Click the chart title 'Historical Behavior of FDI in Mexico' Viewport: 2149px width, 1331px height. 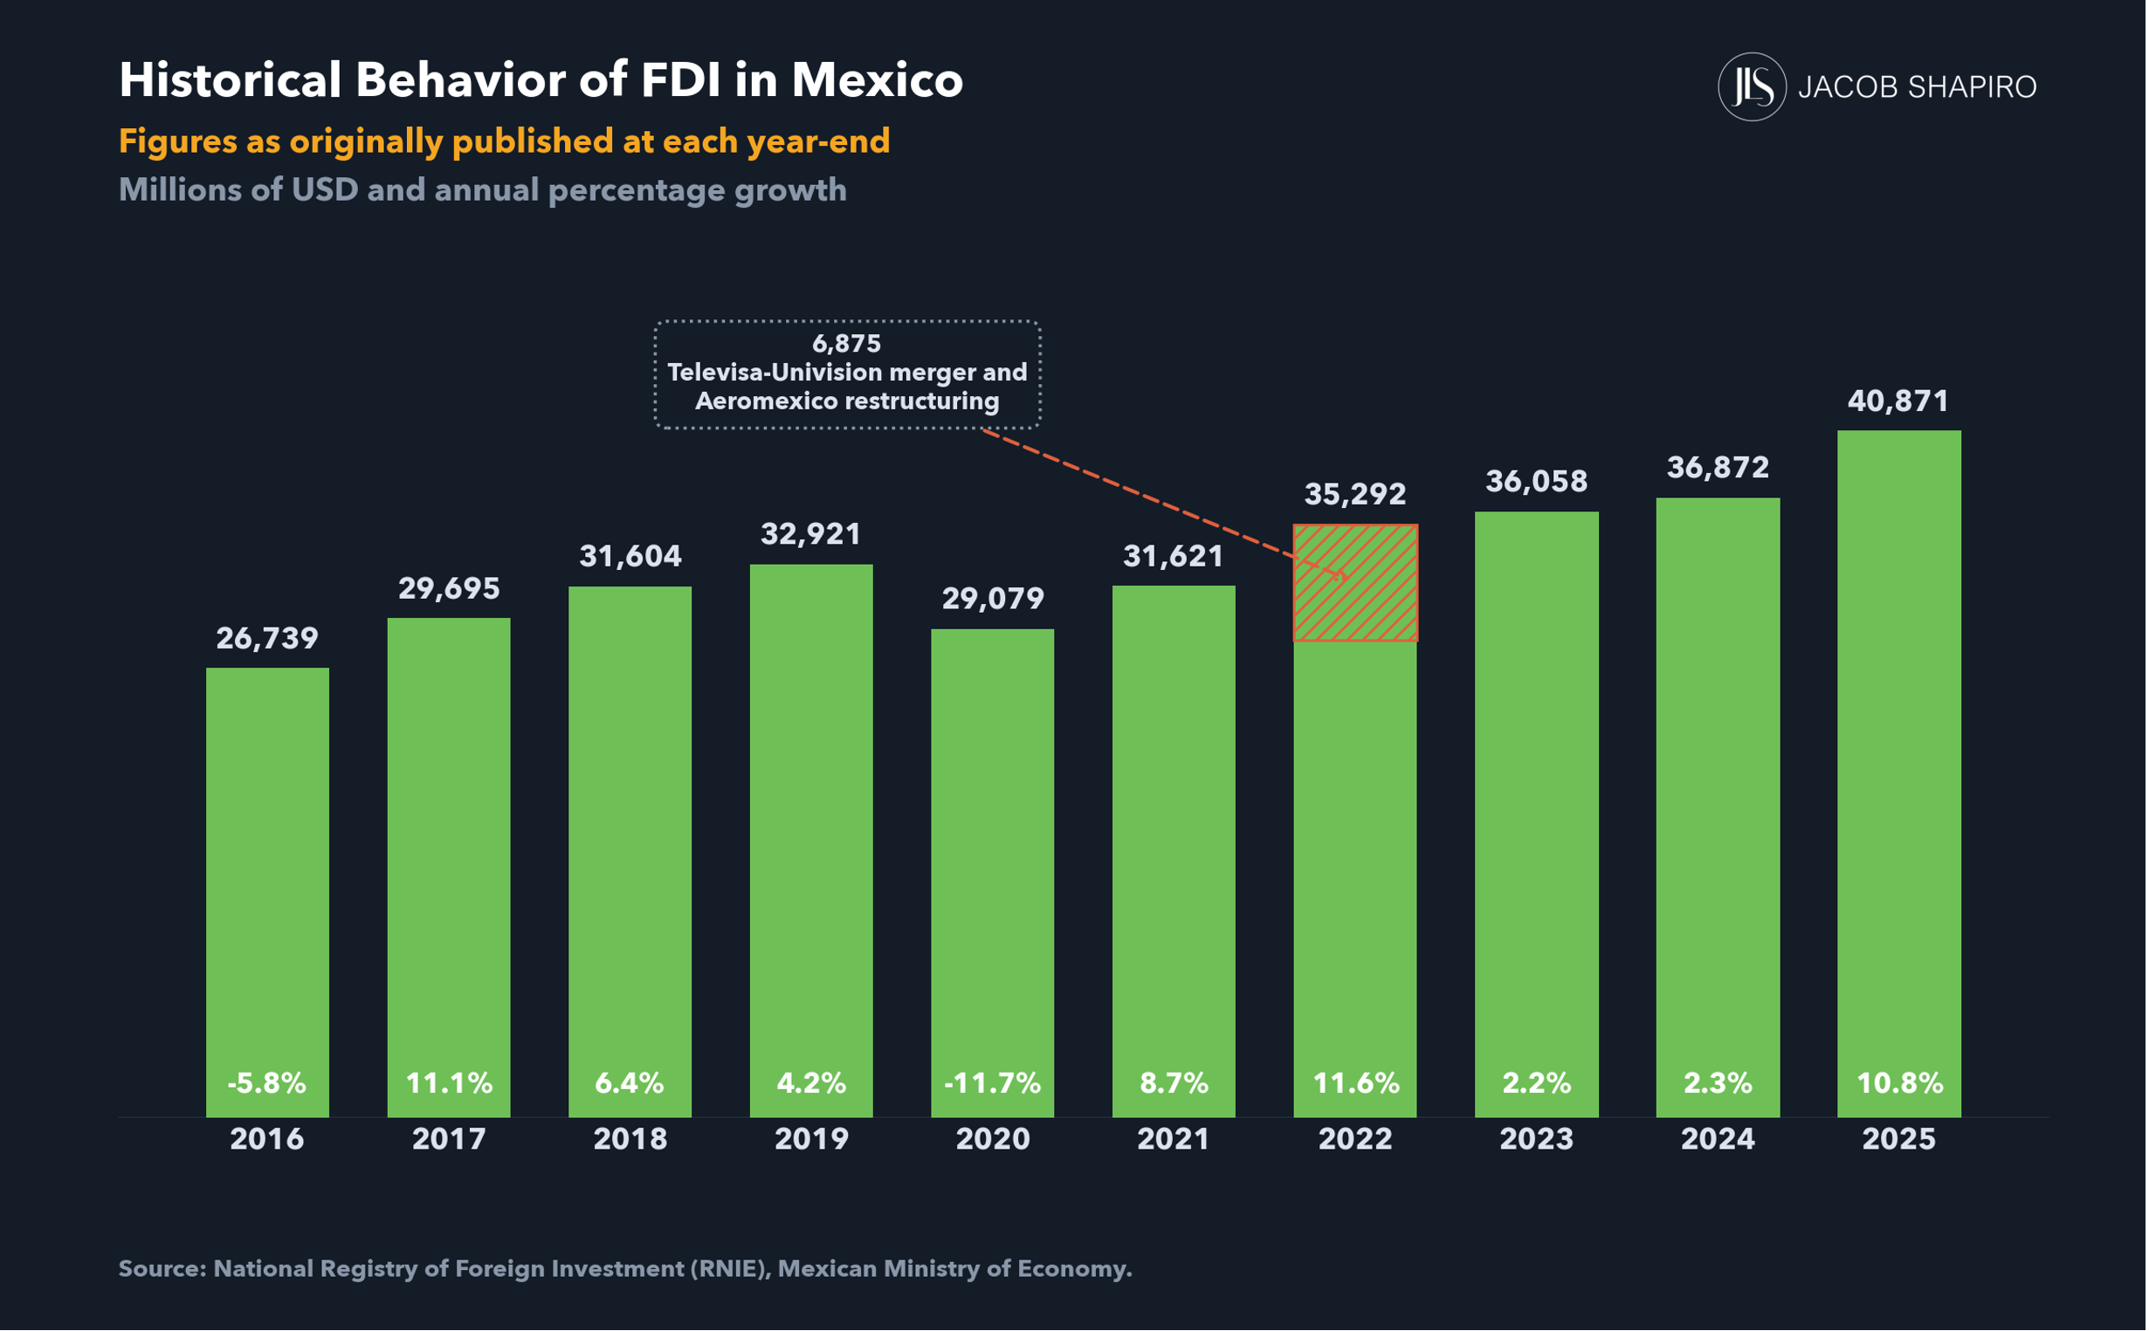[x=541, y=80]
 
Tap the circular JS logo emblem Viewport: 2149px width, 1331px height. [x=1752, y=86]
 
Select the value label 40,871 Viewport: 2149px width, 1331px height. [x=1898, y=401]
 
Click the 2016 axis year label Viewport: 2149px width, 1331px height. [x=267, y=1139]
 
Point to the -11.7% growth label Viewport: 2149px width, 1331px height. [x=992, y=1083]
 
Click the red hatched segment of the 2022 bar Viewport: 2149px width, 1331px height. [x=1355, y=583]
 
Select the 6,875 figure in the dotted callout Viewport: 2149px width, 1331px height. [x=846, y=343]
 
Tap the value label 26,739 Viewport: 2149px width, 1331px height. [x=267, y=638]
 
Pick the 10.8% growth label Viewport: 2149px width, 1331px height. [x=1900, y=1083]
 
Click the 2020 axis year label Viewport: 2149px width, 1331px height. [x=993, y=1139]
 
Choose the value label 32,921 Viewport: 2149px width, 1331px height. [x=811, y=534]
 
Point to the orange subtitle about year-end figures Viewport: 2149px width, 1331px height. [x=505, y=141]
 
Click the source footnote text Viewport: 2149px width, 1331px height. [x=625, y=1268]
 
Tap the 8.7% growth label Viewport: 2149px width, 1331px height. [x=1174, y=1083]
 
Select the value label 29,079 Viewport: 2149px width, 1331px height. [x=993, y=600]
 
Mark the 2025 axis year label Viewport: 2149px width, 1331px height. [x=1899, y=1139]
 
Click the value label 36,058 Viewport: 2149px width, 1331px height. [x=1537, y=482]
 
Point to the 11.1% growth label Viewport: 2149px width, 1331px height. [x=449, y=1083]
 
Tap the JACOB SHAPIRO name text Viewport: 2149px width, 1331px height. [x=1918, y=87]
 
